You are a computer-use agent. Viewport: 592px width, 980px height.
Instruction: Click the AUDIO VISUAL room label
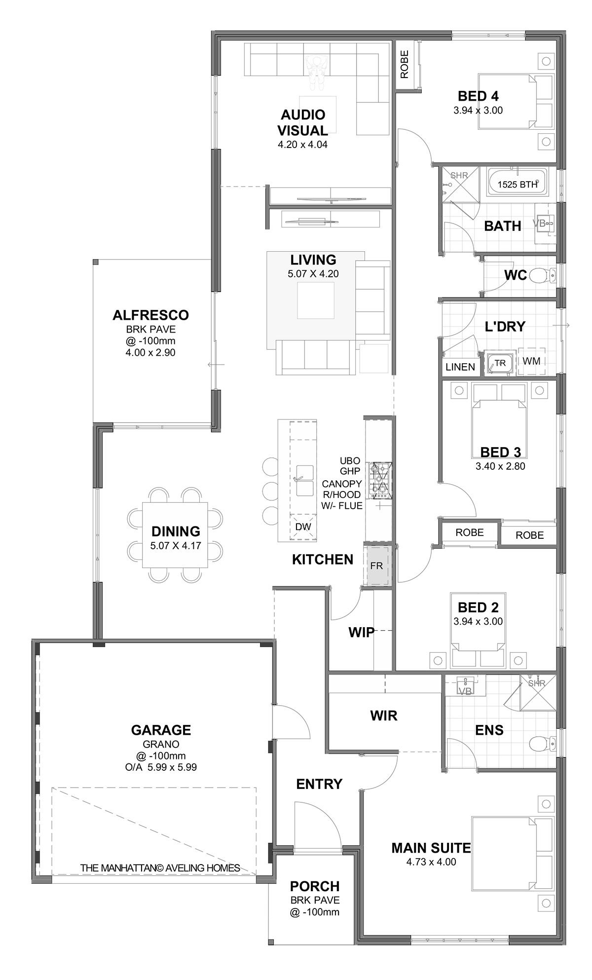(x=303, y=123)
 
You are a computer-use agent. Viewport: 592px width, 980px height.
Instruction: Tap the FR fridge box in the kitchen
(x=377, y=565)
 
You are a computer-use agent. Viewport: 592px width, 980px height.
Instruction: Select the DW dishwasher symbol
(x=303, y=527)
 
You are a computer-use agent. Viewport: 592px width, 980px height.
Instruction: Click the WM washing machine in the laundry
(x=532, y=361)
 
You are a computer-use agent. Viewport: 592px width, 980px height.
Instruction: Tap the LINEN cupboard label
(x=460, y=367)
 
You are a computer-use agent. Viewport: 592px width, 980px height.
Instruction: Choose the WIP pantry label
(x=362, y=633)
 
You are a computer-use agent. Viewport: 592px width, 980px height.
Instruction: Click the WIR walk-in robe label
(x=384, y=716)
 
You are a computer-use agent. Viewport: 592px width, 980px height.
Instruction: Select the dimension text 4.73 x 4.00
(x=431, y=862)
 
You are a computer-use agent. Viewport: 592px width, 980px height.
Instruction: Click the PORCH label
(x=315, y=886)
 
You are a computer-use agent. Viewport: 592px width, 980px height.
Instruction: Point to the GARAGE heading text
(x=161, y=730)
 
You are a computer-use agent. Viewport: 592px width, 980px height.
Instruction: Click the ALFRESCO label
(x=150, y=315)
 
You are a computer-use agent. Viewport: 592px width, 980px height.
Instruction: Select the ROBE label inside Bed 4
(x=405, y=65)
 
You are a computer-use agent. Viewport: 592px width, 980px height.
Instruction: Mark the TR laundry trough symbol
(x=500, y=363)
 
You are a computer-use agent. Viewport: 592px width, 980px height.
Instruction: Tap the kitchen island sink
(x=304, y=480)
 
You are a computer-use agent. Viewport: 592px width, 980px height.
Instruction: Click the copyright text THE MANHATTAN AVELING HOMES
(x=160, y=867)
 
